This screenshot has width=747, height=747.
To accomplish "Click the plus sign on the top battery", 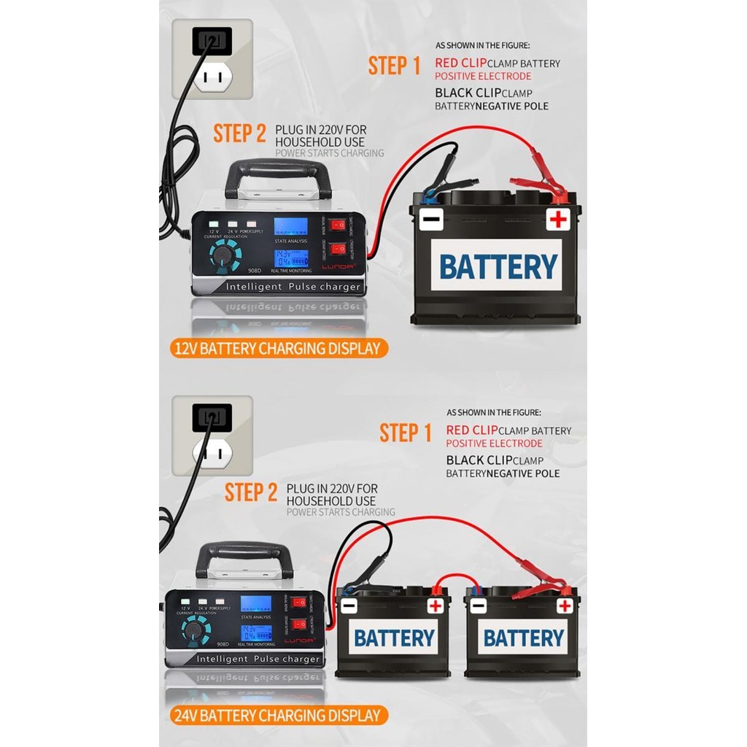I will [x=558, y=219].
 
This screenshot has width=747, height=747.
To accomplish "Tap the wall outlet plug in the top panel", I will [x=212, y=42].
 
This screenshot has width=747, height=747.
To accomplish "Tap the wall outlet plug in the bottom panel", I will [x=212, y=418].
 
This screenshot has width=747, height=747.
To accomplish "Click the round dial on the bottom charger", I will [x=194, y=630].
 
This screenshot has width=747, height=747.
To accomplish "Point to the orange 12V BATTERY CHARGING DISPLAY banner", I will [x=278, y=348].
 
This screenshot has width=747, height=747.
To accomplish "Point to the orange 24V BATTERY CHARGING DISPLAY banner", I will [x=278, y=716].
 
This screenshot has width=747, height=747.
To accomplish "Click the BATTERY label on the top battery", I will [x=498, y=266].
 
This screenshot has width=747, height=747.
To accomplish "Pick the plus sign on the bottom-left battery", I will [x=436, y=605].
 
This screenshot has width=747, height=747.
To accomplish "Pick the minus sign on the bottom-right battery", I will [x=479, y=605].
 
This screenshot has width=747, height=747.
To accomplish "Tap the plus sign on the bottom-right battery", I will [x=565, y=605].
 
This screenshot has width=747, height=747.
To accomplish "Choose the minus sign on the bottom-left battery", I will [x=349, y=605].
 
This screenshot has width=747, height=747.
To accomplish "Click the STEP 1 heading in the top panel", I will [x=394, y=66].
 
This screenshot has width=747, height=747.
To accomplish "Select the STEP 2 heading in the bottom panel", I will [x=251, y=492].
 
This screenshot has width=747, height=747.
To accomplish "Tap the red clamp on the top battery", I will [x=540, y=187].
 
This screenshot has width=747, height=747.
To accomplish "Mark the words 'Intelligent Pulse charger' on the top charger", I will [x=293, y=287].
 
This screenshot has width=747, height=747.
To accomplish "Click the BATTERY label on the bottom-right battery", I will [x=523, y=638].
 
